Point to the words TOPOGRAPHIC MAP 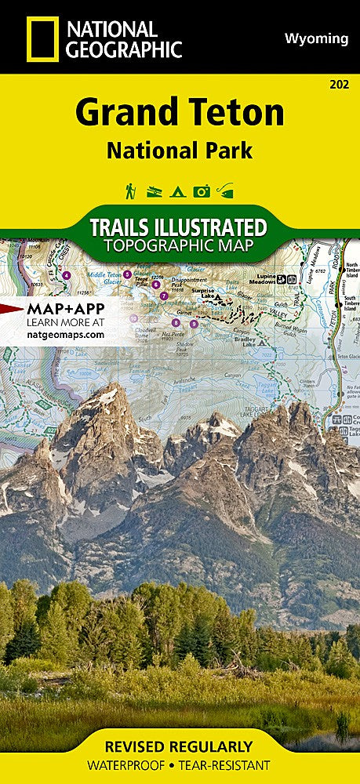click(180, 246)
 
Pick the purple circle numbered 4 click(66, 275)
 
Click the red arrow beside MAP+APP click(11, 307)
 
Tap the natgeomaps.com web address click(65, 334)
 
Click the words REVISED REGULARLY click(180, 746)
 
